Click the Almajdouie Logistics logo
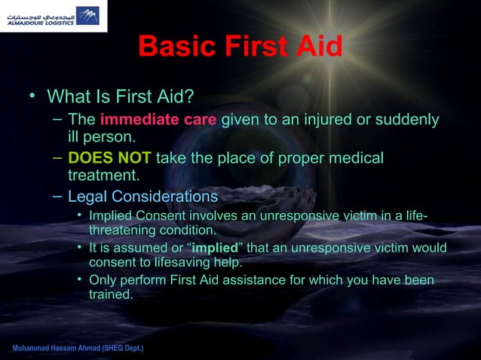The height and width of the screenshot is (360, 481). pos(54,16)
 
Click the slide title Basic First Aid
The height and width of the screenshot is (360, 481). pos(240,47)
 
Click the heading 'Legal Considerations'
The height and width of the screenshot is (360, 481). pos(142,197)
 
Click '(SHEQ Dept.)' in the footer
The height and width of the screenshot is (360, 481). pos(120,350)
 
